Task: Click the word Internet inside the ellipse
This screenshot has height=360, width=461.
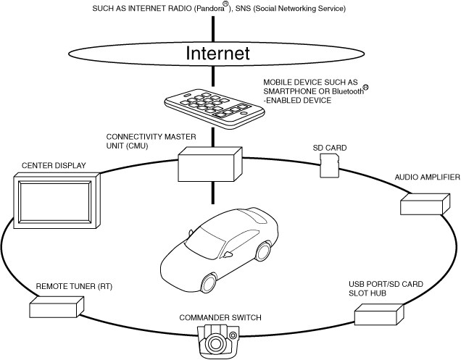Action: pyautogui.click(x=217, y=53)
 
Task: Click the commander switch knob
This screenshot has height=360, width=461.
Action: pyautogui.click(x=216, y=340)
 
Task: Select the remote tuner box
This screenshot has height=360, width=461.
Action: pyautogui.click(x=54, y=308)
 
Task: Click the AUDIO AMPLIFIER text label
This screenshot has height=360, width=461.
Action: pyautogui.click(x=427, y=177)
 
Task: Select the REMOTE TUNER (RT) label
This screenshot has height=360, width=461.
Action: pyautogui.click(x=74, y=287)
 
